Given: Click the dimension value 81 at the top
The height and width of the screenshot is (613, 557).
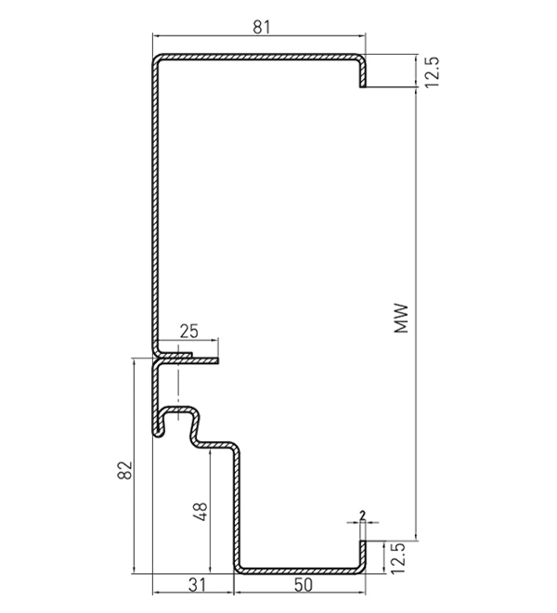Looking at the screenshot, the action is click(x=261, y=27).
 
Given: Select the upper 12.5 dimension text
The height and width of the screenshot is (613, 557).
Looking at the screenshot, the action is click(x=432, y=72).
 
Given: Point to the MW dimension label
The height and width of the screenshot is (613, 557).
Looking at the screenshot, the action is click(x=401, y=319).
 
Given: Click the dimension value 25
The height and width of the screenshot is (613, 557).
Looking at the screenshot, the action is click(x=189, y=332).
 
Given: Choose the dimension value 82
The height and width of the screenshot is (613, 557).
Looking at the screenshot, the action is click(x=124, y=470).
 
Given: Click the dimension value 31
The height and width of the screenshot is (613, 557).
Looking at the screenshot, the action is click(x=197, y=585).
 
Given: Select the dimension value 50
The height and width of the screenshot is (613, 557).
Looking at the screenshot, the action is click(x=304, y=585).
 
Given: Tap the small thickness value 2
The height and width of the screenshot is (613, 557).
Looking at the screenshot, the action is click(x=363, y=515).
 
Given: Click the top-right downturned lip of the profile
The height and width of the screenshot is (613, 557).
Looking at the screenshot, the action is click(x=363, y=73).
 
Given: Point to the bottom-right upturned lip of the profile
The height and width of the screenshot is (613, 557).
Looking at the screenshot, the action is click(x=363, y=555).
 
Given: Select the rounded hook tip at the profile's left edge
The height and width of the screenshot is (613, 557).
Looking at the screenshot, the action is click(x=158, y=433).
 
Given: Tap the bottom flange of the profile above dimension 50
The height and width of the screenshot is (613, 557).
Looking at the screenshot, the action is click(x=300, y=571).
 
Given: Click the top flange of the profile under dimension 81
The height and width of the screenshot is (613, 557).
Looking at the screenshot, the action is click(x=259, y=57).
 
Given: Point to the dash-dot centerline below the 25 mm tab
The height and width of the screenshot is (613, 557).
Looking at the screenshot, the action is click(x=178, y=383).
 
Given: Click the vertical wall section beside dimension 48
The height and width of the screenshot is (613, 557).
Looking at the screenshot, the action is click(x=236, y=508).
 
